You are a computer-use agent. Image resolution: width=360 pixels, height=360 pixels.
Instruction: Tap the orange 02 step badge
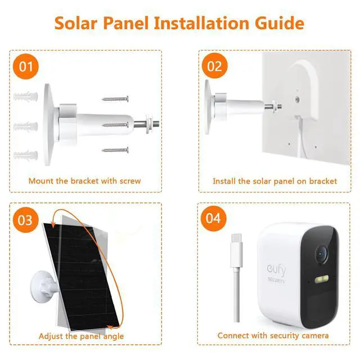[x=215, y=66]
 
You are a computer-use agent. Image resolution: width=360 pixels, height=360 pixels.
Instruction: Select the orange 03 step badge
[x=26, y=219]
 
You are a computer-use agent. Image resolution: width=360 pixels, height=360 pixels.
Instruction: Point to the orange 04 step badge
[x=214, y=218]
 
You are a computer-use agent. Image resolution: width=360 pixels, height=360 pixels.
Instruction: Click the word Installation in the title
[x=209, y=24]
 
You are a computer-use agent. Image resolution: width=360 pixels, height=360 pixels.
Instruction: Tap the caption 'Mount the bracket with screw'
[x=84, y=181]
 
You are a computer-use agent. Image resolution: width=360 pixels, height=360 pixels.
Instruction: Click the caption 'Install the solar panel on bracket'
[x=274, y=181]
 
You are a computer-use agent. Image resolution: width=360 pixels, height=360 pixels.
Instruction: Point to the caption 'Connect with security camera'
[x=273, y=336]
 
